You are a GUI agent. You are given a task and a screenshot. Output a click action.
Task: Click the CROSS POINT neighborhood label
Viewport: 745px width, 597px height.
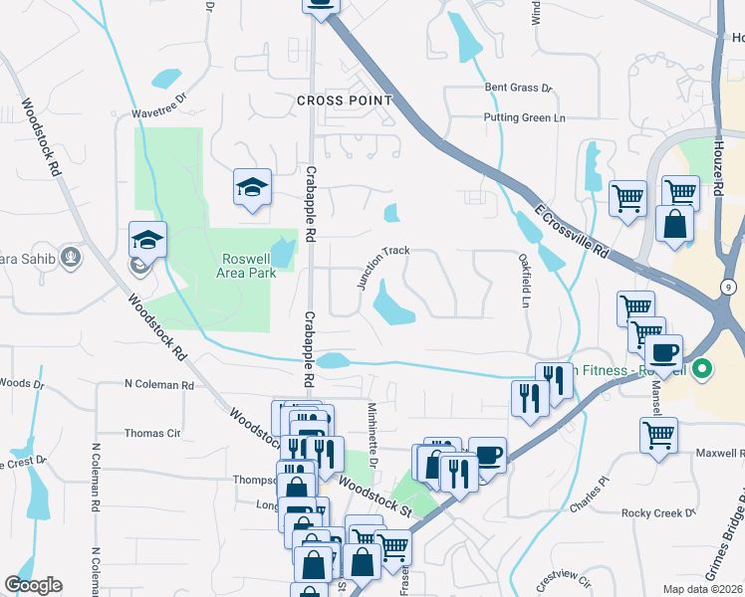(345, 100)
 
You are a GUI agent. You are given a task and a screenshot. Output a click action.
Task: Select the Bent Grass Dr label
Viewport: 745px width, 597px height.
(518, 88)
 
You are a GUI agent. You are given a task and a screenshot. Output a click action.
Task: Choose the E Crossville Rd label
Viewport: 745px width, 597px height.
(571, 233)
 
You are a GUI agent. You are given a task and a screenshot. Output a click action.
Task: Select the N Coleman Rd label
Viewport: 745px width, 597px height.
(158, 384)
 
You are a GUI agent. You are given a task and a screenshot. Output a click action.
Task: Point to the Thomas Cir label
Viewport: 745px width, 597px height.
(151, 434)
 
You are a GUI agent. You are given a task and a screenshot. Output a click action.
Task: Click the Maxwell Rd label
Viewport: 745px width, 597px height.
(719, 453)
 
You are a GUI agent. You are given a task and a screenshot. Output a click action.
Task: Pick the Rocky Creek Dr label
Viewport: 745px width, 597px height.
(657, 513)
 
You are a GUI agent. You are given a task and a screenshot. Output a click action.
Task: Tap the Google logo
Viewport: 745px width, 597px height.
(33, 585)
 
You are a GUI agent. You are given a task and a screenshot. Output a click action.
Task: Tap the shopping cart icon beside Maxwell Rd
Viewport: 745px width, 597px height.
(659, 435)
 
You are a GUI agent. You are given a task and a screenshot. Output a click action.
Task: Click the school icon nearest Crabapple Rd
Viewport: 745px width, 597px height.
(253, 187)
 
